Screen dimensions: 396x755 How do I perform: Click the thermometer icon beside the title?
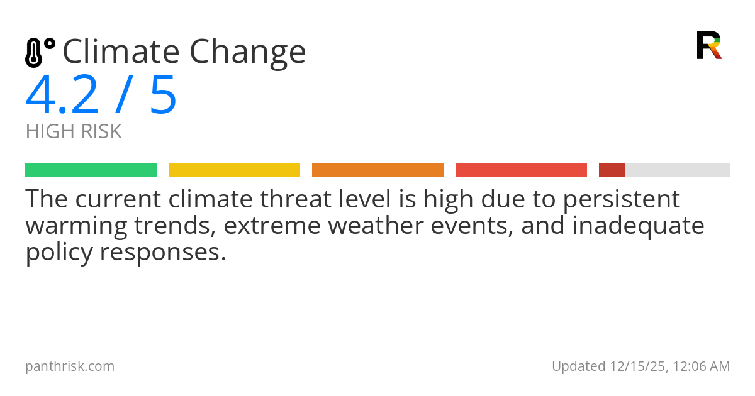point(39,52)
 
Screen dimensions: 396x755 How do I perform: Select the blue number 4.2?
point(62,96)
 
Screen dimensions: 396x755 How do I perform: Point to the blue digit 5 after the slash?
point(164,96)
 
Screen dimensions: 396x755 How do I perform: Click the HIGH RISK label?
point(74,132)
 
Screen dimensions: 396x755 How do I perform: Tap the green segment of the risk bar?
point(91,170)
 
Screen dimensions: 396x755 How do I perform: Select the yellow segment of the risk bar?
point(234,170)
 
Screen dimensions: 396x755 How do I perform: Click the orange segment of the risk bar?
point(377,170)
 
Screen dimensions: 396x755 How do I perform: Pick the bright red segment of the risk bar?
point(521,170)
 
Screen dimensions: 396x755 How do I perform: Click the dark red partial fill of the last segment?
point(612,170)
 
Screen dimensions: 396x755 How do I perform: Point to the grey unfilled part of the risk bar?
point(678,170)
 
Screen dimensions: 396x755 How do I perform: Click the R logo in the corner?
point(709,45)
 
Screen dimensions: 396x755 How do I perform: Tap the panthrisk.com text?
point(70,366)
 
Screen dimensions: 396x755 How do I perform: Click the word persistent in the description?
point(621,200)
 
